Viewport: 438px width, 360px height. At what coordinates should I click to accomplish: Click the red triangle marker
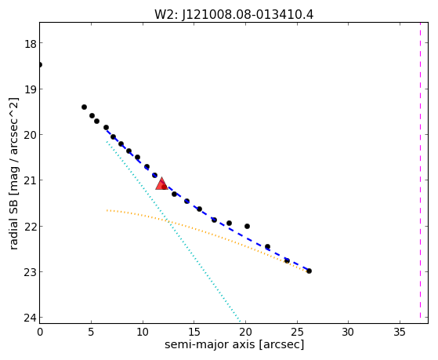[x=161, y=184]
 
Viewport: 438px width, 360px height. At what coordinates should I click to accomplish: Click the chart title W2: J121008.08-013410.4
[x=234, y=14]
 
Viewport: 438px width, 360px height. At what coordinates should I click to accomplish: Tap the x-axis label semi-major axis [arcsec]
[x=234, y=344]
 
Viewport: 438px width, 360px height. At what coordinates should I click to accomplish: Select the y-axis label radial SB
[x=13, y=223]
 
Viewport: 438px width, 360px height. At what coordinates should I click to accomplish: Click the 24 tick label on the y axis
[x=31, y=318]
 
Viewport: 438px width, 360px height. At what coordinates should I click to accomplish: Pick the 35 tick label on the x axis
[x=400, y=332]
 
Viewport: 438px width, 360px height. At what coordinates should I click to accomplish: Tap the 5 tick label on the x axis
[x=91, y=332]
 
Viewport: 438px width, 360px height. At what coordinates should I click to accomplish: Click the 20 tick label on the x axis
[x=245, y=332]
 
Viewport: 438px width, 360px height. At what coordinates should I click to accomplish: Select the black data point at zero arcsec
[x=40, y=65]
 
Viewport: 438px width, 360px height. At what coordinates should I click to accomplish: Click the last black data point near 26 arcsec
[x=309, y=271]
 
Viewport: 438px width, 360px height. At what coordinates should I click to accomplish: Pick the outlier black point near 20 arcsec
[x=247, y=226]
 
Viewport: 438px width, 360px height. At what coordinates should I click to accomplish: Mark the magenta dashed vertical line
[x=420, y=170]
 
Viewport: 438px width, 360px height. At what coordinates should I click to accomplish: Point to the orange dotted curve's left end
[x=107, y=210]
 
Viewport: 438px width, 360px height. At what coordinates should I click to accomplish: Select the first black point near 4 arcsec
[x=84, y=107]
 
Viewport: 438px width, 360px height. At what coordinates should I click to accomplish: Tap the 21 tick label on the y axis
[x=31, y=180]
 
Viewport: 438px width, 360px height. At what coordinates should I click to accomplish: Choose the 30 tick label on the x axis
[x=348, y=332]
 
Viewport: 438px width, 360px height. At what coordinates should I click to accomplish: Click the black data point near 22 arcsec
[x=267, y=246]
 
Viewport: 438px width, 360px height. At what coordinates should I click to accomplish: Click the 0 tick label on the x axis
[x=40, y=332]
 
